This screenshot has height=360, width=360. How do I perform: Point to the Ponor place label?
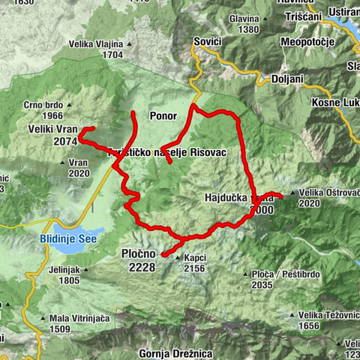[x=163, y=116]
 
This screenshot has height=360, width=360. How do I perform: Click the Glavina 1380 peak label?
[x=244, y=24]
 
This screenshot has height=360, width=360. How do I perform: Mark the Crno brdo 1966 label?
[x=43, y=110]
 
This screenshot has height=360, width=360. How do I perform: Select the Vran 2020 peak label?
[x=78, y=167]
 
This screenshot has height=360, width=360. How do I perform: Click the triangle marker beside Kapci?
[x=178, y=259]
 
